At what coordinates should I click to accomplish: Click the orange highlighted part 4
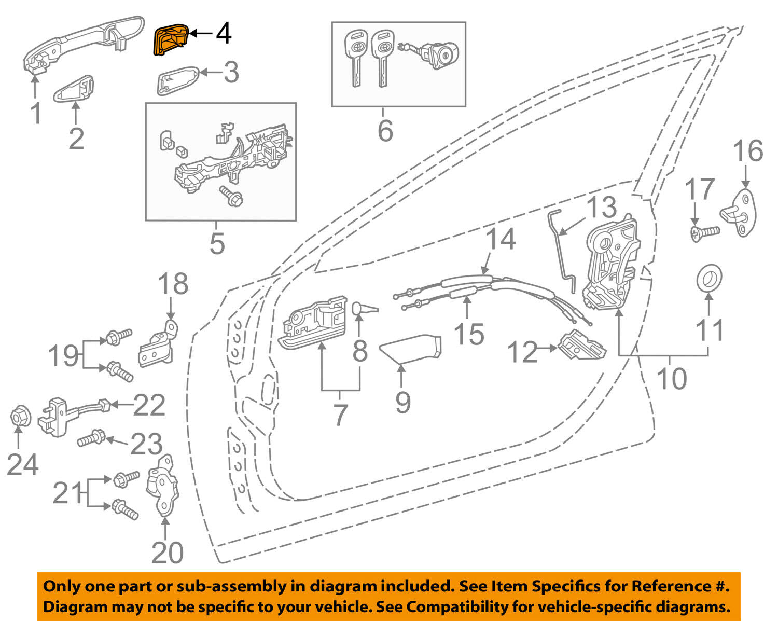(170, 39)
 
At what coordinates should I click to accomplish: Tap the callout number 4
(223, 34)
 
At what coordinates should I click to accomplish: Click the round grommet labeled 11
(709, 279)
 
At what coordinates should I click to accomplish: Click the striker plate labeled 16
(742, 213)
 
